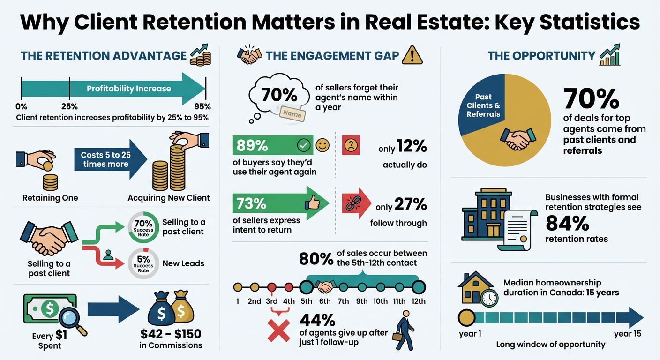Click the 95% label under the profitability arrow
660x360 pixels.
[202, 106]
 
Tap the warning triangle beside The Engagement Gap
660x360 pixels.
[412, 55]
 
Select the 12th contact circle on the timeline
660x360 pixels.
[418, 286]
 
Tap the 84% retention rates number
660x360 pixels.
[567, 224]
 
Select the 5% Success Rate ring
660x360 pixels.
[143, 263]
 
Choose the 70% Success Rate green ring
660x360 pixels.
[143, 227]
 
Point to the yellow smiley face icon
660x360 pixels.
[322, 145]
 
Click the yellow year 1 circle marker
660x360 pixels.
[466, 318]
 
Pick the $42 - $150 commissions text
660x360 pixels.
[171, 334]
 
